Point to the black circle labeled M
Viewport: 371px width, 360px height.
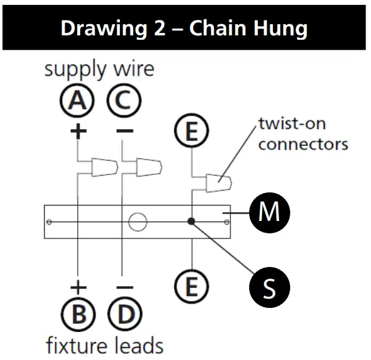click(268, 212)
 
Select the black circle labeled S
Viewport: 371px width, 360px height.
click(268, 287)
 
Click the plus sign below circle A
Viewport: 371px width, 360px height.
click(78, 131)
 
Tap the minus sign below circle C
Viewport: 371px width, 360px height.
click(124, 131)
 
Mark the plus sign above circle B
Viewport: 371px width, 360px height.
click(78, 287)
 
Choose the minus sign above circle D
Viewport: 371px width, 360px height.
click(124, 287)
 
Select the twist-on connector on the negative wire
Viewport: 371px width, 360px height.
click(149, 166)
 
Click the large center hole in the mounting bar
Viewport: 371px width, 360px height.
click(138, 221)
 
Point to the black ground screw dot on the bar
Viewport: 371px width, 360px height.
click(192, 221)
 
